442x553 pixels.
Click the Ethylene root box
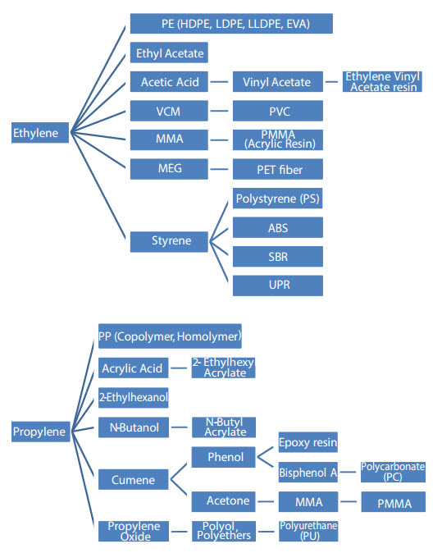40,133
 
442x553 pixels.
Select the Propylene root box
40,432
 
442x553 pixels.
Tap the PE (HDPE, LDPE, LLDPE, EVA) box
231,24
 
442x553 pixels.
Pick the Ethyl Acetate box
169,53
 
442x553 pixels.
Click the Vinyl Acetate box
278,81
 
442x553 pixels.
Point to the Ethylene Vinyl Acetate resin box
382,81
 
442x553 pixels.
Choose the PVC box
278,111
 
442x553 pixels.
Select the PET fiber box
278,169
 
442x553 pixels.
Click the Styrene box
169,241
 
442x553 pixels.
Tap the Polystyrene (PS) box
278,199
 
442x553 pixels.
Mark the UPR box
278,286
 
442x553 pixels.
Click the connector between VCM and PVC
219,111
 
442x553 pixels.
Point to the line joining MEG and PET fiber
219,169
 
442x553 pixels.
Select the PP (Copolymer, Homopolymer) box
170,336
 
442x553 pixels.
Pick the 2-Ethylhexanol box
133,397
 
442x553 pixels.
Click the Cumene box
133,479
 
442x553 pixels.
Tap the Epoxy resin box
308,442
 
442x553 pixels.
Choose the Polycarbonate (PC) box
393,472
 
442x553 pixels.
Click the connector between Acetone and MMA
266,501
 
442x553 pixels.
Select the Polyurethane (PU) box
308,531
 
